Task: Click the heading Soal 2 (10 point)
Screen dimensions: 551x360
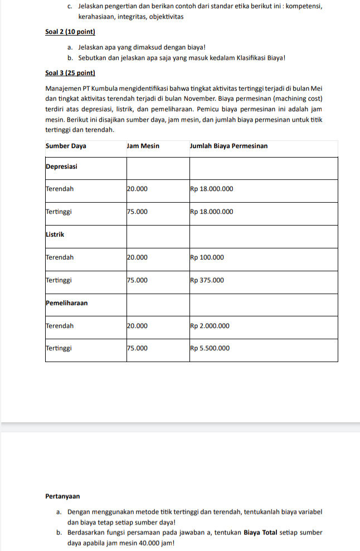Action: (x=70, y=32)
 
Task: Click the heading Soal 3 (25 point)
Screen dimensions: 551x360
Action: (x=70, y=73)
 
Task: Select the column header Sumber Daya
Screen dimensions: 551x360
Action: (x=65, y=146)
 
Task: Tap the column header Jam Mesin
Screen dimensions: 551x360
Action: (x=143, y=146)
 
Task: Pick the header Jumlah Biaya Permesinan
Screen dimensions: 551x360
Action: (x=228, y=146)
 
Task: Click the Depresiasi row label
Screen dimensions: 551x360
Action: (x=61, y=166)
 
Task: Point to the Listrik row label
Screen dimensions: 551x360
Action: (x=55, y=235)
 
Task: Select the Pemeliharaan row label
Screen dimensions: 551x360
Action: (x=66, y=303)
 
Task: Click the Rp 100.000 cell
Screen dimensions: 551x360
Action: (x=207, y=257)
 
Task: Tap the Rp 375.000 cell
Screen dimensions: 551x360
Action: (x=207, y=280)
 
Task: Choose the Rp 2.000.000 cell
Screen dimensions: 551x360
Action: (x=210, y=326)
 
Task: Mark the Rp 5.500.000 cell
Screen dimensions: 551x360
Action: (x=210, y=349)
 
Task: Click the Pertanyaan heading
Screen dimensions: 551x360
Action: (x=62, y=495)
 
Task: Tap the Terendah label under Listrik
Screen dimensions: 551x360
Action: (x=59, y=257)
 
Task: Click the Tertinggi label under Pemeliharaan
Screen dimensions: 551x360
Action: (x=59, y=349)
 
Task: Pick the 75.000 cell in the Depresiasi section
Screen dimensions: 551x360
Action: (x=137, y=212)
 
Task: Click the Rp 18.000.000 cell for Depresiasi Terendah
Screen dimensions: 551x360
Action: (x=211, y=189)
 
